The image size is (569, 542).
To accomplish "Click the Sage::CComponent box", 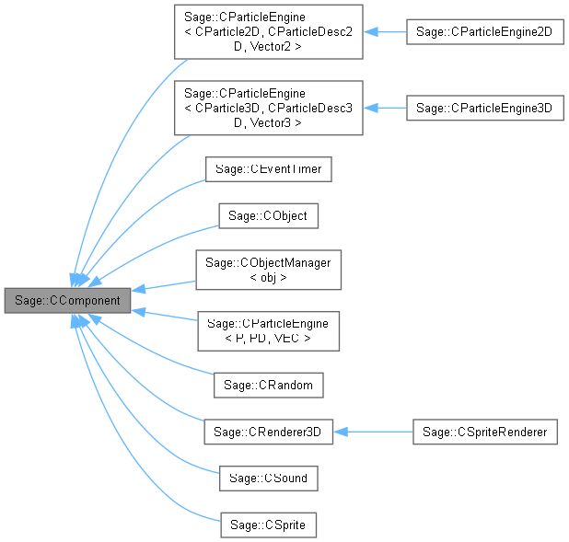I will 67,301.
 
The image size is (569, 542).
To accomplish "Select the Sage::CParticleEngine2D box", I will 484,31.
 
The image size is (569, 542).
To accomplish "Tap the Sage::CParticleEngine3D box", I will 484,109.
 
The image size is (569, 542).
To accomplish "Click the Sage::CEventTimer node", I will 268,168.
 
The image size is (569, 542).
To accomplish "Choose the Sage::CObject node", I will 268,216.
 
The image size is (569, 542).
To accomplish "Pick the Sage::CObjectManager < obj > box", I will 268,271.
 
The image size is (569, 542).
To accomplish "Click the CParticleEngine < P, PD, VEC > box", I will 268,330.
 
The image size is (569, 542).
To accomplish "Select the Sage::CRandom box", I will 268,384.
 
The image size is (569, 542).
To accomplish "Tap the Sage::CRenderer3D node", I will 268,432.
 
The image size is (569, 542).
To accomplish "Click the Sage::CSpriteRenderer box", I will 484,432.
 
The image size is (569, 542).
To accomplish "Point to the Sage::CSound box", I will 268,479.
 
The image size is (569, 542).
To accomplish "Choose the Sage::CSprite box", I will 268,525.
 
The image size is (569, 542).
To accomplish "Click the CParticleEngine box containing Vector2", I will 268,31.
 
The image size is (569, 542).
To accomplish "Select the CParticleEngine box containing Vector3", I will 268,109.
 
